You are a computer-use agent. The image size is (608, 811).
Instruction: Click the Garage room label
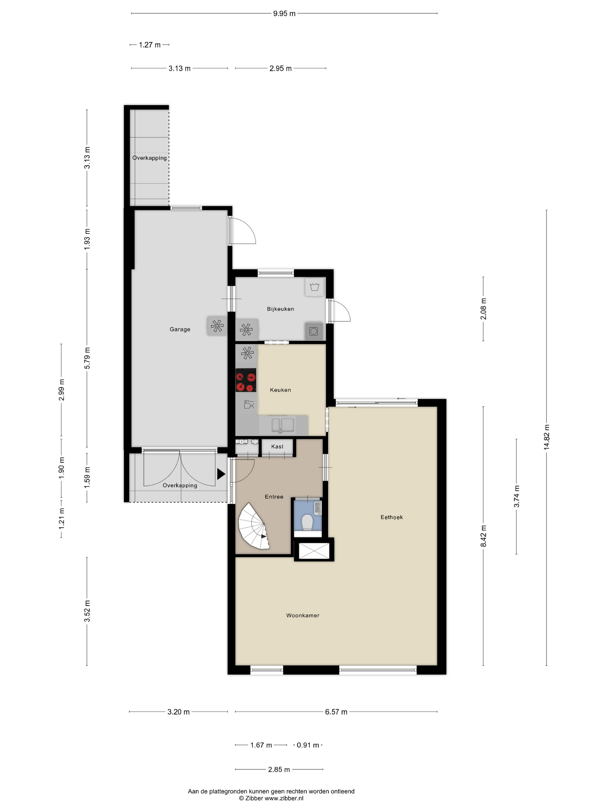[x=180, y=329]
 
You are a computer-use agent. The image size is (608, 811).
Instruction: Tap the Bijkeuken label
[x=280, y=309]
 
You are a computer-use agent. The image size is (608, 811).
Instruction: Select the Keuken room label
[x=280, y=390]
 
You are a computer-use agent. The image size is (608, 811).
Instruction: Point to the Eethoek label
[x=391, y=517]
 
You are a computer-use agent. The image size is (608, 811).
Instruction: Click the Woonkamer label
[x=303, y=615]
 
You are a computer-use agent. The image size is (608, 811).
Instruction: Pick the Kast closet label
[x=277, y=446]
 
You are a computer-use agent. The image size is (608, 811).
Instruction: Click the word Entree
[x=274, y=496]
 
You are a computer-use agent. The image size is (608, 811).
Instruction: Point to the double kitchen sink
[x=283, y=425]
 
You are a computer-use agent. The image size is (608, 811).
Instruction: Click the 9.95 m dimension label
[x=284, y=14]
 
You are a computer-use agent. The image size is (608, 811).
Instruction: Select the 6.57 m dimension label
[x=336, y=712]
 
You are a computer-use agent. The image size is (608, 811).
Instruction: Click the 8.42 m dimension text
[x=484, y=536]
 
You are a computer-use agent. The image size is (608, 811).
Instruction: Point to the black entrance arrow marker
[x=221, y=474]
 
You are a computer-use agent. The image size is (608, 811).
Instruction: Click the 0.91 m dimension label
[x=308, y=745]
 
